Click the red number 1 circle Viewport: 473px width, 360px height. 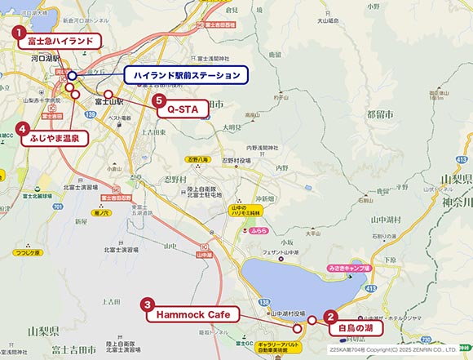(x=18, y=33)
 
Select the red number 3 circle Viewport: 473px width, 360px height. (x=148, y=304)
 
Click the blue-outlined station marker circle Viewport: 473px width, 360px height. (x=72, y=76)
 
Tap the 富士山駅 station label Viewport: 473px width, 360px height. (x=108, y=102)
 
